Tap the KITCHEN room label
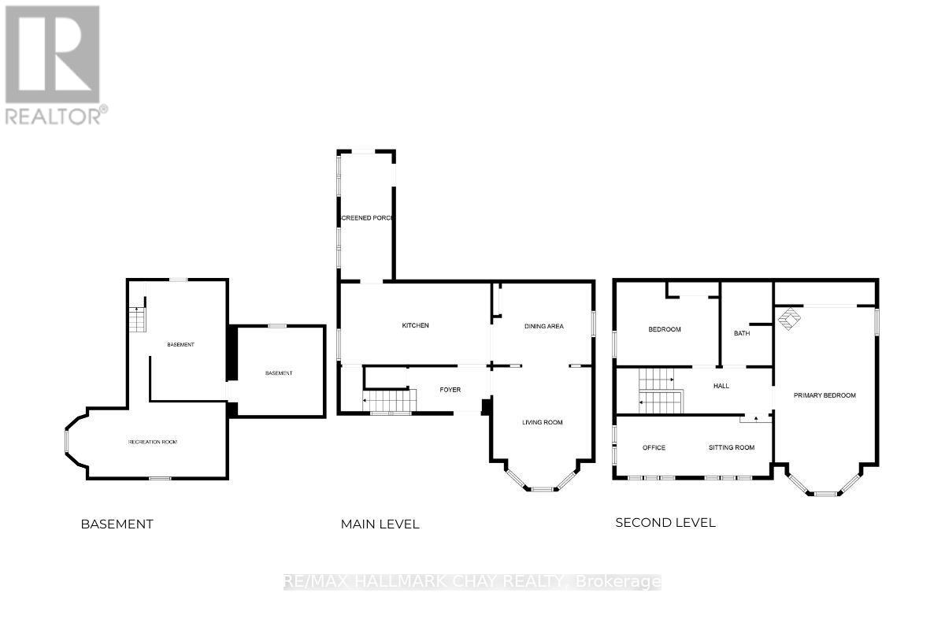(x=415, y=326)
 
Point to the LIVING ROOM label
(x=543, y=423)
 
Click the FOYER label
(x=450, y=390)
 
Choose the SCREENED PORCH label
(x=366, y=218)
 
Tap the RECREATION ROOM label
(x=153, y=442)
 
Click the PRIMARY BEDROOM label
(x=824, y=395)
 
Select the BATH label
(x=742, y=333)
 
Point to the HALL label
(x=721, y=386)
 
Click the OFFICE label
(x=654, y=447)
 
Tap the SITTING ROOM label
(x=732, y=447)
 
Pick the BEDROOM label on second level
(x=664, y=329)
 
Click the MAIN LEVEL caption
(x=380, y=524)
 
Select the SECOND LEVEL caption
(x=665, y=522)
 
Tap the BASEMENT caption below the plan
(x=117, y=524)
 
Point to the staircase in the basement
(x=138, y=319)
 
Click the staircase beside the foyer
(x=388, y=402)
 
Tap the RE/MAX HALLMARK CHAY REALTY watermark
(x=472, y=582)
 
